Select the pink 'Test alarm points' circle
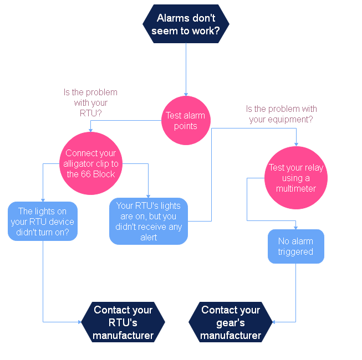tap(186, 121)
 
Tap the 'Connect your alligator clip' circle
tap(91, 163)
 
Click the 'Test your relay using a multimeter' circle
tap(296, 178)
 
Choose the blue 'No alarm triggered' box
tap(295, 246)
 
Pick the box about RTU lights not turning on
tap(43, 221)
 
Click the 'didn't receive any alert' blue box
tap(149, 222)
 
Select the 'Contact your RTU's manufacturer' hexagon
tap(123, 322)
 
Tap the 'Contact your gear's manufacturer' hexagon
tap(231, 322)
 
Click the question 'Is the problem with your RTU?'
tap(91, 102)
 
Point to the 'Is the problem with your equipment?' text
tap(281, 114)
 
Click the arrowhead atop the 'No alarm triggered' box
tap(295, 227)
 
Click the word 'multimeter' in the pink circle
tap(296, 189)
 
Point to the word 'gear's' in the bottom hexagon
tap(231, 322)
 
